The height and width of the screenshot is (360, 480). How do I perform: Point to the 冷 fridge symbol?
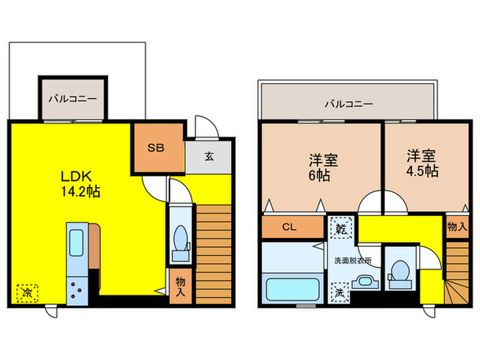(27, 293)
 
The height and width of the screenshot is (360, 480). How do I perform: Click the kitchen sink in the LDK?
(76, 243)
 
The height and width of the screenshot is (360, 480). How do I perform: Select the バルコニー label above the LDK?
(72, 99)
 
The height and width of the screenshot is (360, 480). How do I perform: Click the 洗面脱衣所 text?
(352, 261)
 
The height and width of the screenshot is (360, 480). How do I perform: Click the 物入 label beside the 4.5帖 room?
(457, 227)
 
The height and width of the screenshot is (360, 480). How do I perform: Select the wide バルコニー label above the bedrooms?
(348, 104)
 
